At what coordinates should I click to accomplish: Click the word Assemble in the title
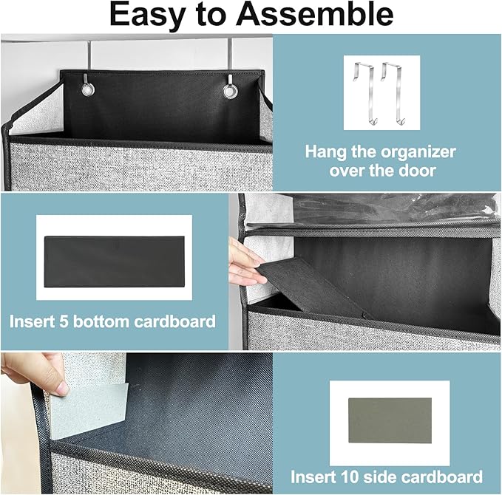314,15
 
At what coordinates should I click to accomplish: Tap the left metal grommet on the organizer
88,89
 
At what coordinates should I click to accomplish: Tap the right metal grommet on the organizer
229,91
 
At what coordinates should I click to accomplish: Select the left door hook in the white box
365,93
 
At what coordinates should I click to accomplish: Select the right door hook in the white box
393,93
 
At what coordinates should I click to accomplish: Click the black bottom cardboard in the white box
115,262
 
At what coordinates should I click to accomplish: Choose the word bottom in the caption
101,321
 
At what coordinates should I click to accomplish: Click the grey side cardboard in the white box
390,420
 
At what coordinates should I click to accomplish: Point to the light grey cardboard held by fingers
88,409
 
